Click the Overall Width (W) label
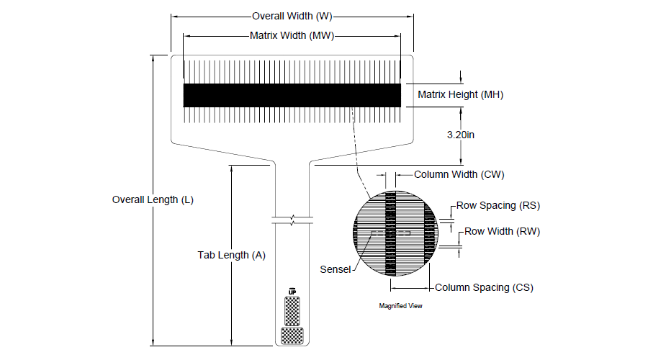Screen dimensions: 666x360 click(292, 16)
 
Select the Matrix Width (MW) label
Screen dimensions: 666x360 click(292, 36)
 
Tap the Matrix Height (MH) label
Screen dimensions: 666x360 click(460, 94)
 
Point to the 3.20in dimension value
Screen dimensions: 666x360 click(460, 135)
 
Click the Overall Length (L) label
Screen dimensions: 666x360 click(153, 200)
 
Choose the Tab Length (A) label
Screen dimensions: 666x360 click(232, 255)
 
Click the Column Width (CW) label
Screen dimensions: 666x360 click(459, 174)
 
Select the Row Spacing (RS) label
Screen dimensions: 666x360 click(498, 205)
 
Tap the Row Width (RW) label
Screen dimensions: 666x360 click(502, 231)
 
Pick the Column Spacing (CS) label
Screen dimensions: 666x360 click(484, 287)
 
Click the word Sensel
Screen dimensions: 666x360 click(335, 269)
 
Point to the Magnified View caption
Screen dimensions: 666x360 click(400, 306)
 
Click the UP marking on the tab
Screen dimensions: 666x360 click(292, 292)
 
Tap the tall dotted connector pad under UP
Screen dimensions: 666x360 click(292, 311)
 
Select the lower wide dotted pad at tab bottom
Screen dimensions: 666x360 click(292, 336)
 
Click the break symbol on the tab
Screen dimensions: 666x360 click(292, 220)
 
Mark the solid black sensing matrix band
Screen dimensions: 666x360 click(292, 95)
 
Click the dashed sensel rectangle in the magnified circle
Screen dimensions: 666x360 click(391, 233)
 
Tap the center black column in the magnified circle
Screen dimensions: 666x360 click(391, 233)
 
